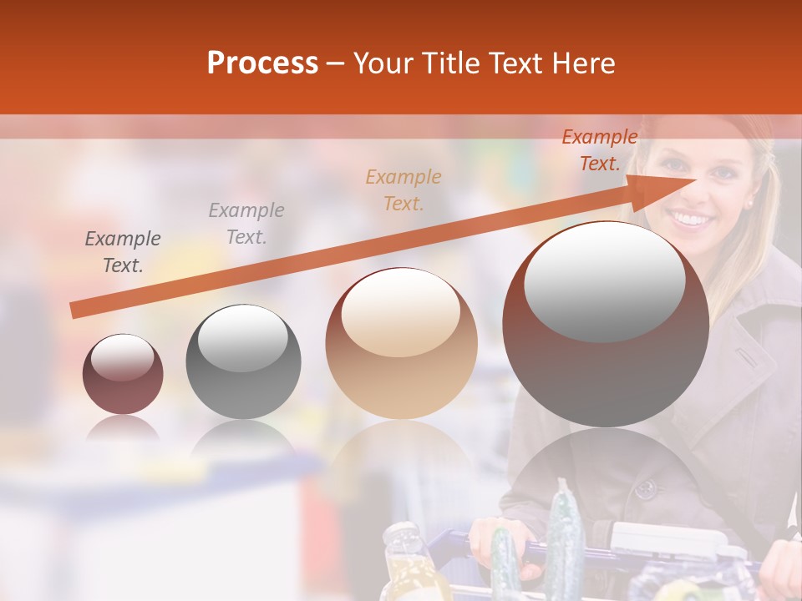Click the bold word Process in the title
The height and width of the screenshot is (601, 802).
point(262,63)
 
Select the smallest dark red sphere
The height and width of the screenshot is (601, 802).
point(123,374)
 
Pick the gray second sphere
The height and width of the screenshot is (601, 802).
point(243,361)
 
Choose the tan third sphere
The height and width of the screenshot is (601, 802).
point(401,343)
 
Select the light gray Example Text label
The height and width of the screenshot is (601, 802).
point(246,224)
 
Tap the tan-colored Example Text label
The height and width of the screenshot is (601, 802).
point(404,189)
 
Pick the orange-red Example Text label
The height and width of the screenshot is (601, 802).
point(600,150)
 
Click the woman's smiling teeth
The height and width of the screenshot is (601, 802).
point(691,220)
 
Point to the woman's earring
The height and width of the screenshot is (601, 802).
point(749,203)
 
